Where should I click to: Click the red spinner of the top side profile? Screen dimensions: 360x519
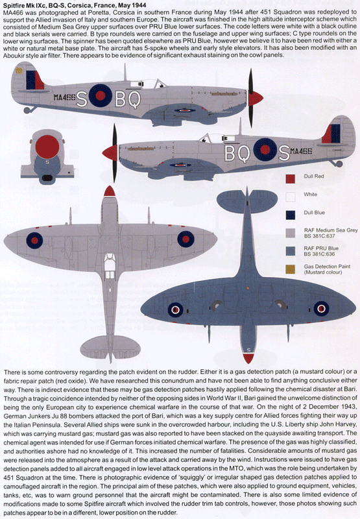tap(256, 97)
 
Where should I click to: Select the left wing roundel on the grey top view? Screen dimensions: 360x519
tap(34, 241)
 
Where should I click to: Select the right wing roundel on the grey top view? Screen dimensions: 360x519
tap(186, 240)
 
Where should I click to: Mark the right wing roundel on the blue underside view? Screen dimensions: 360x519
tap(321, 309)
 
